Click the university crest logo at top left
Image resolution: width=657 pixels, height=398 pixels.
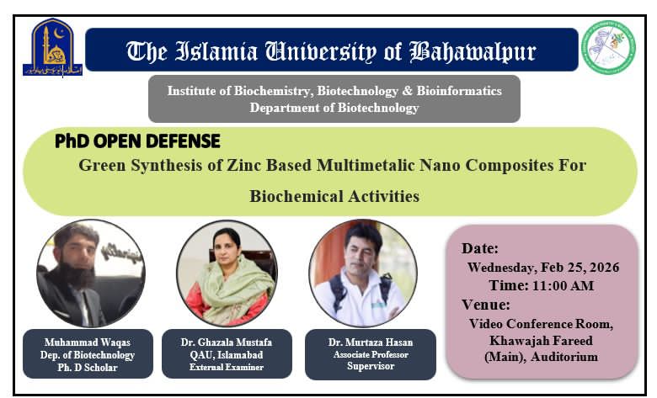point(52,50)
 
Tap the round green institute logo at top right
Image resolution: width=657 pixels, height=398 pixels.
point(608,47)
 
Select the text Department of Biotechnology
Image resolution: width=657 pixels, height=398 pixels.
point(334,108)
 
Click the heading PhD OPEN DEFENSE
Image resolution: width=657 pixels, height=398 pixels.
point(137,141)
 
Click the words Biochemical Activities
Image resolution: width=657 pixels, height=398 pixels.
point(334,196)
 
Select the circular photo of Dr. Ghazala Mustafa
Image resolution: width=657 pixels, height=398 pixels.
point(226,273)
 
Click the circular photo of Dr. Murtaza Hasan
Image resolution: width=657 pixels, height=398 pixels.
point(362,273)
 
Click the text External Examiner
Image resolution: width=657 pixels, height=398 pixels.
point(225,367)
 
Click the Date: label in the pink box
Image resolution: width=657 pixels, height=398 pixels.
point(480,248)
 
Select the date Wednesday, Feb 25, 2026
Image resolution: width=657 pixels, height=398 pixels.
point(543,268)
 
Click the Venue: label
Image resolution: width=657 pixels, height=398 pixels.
point(486,304)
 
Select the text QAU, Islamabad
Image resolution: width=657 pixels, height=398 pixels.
point(225,355)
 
